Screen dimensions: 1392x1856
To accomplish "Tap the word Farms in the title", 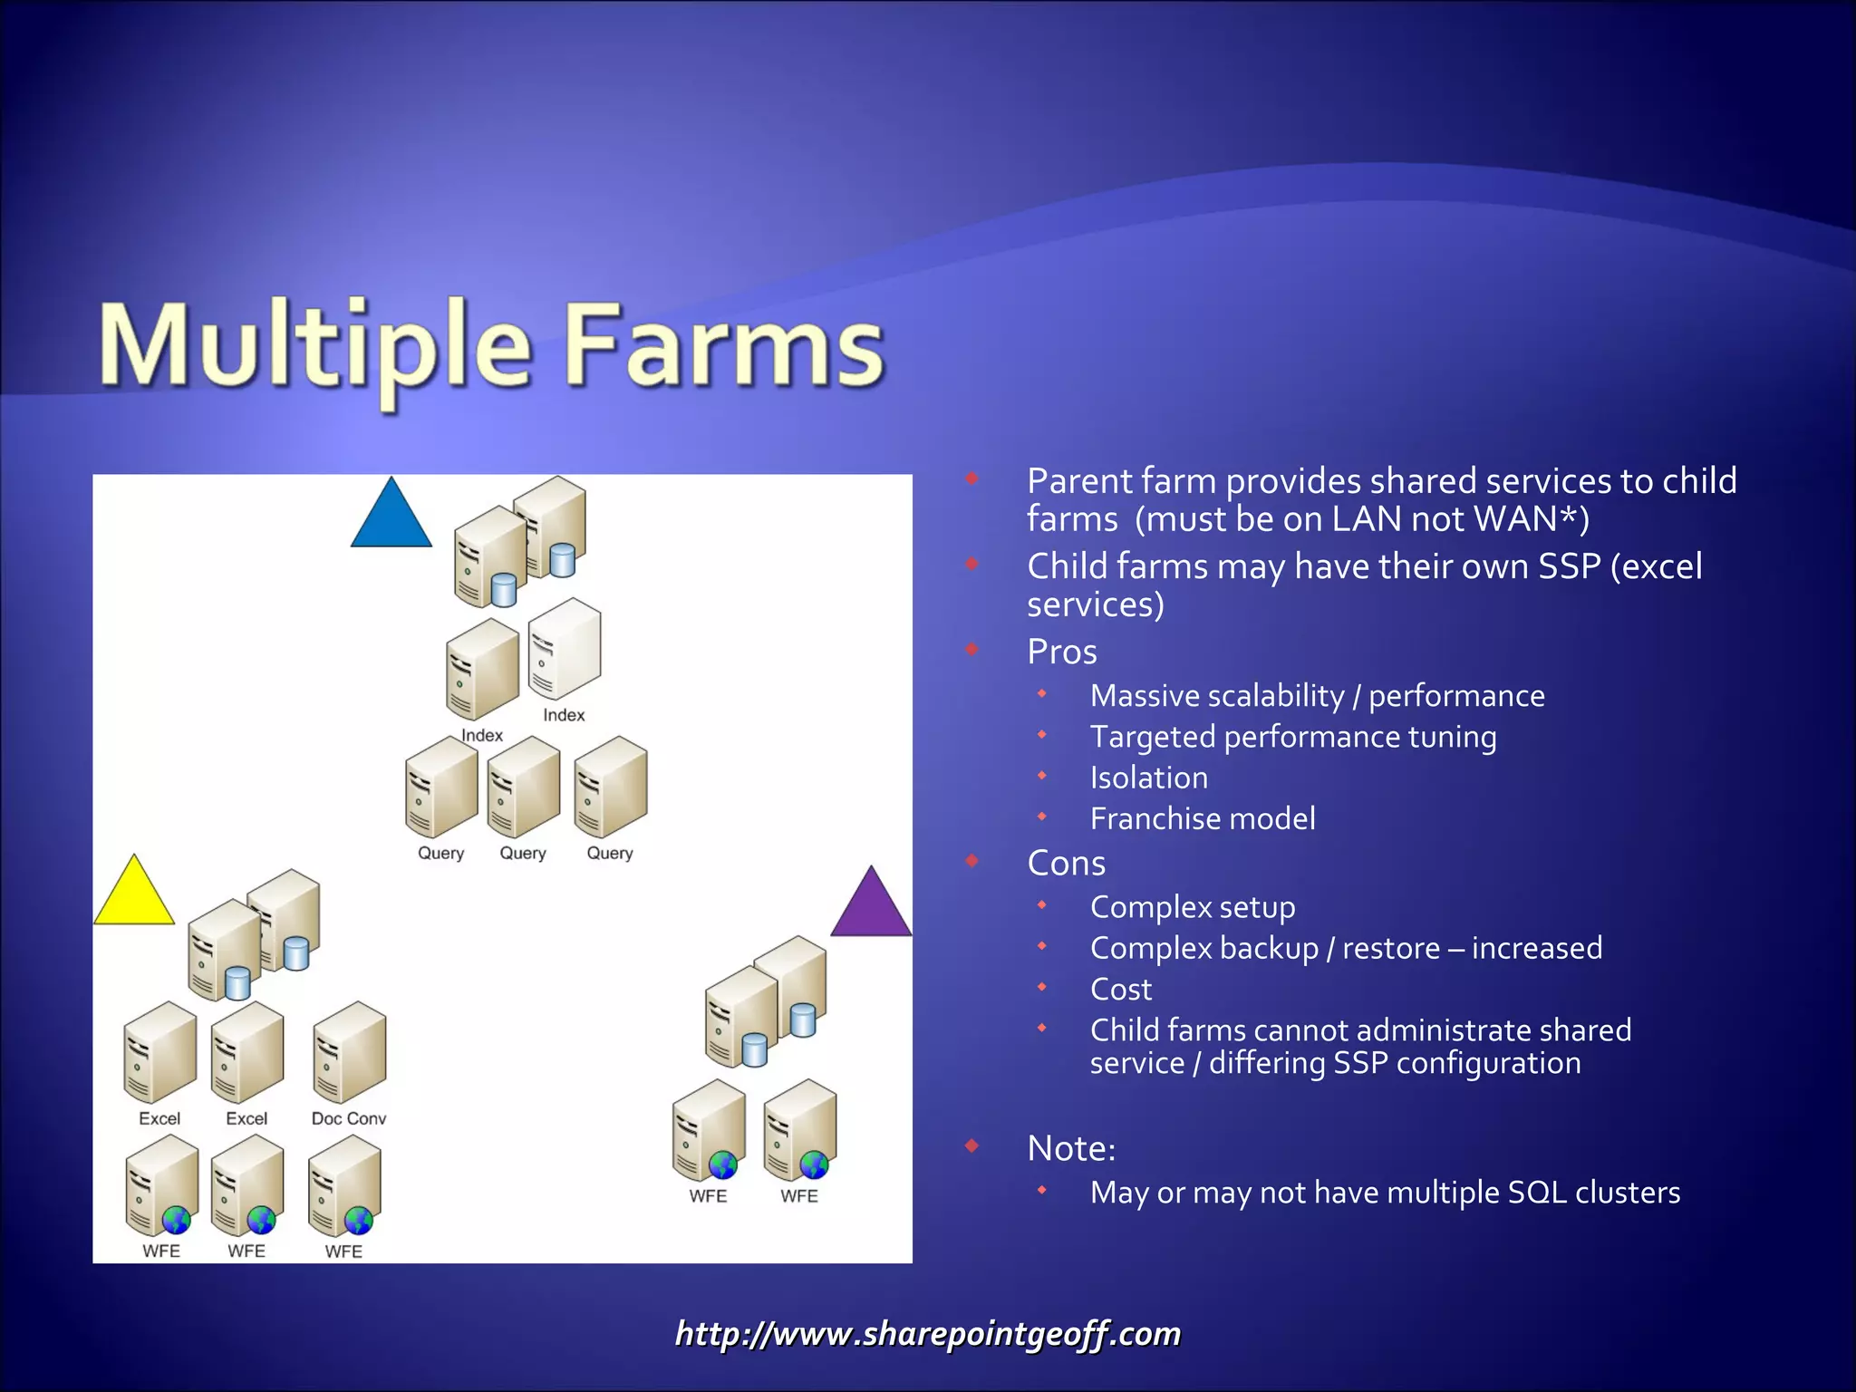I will [723, 347].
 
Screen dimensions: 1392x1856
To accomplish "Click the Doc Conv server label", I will [349, 1118].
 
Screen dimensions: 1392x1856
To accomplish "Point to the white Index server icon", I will [565, 649].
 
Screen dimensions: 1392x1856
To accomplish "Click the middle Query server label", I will [523, 853].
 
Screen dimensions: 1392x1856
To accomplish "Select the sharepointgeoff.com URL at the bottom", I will [928, 1334].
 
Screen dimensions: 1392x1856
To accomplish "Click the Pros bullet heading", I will [1062, 652].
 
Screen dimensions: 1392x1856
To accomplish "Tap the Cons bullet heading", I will [1067, 863].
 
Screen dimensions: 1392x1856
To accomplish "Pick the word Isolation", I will [1149, 778].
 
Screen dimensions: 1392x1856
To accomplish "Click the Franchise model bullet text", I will [1203, 818].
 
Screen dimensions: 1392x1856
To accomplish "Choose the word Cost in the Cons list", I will [1121, 989].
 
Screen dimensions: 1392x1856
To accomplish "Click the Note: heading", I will [1071, 1148].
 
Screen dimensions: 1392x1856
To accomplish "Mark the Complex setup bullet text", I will [1193, 907].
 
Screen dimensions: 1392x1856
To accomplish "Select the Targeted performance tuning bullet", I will [1293, 737].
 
